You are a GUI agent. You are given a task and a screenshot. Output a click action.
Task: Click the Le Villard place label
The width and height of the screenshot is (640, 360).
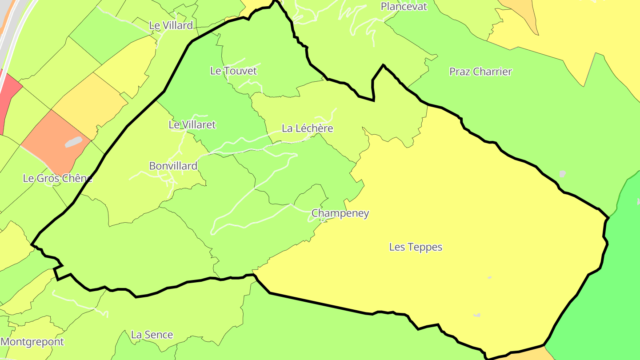click(x=171, y=25)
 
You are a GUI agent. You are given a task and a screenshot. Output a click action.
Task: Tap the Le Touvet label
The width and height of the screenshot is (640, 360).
click(x=233, y=71)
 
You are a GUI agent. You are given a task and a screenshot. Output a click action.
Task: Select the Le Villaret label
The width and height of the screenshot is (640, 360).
click(x=192, y=125)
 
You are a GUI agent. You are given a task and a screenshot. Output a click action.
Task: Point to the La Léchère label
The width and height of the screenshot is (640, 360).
click(x=307, y=128)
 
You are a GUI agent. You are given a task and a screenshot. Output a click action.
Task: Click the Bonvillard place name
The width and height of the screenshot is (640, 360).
click(x=173, y=166)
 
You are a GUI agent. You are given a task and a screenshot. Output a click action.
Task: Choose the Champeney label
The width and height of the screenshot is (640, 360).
click(x=340, y=213)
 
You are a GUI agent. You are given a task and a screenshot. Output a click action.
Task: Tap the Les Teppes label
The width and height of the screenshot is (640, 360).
click(x=416, y=247)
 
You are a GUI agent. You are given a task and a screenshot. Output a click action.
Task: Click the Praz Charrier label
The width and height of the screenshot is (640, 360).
click(x=480, y=72)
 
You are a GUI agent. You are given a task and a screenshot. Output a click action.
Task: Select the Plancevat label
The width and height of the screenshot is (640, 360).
click(x=404, y=6)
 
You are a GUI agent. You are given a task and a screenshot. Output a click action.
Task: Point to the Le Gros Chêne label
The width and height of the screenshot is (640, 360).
click(x=57, y=179)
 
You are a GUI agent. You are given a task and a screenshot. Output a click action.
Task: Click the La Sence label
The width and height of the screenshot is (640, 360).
click(x=152, y=335)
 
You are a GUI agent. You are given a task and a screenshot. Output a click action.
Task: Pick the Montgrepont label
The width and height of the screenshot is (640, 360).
click(x=32, y=342)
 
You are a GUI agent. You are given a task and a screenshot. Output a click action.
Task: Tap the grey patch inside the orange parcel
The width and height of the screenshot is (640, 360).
click(x=73, y=142)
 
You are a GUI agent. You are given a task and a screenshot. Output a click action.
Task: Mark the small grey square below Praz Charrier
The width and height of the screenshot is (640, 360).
click(x=563, y=174)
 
